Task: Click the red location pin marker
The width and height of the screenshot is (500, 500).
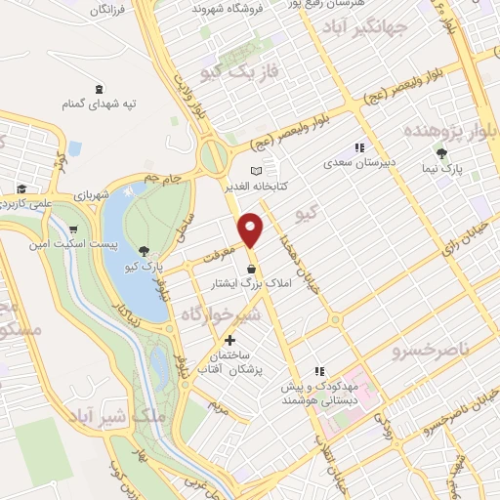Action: pos(252,230)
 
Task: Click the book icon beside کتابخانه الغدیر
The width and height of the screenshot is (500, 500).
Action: pos(257,169)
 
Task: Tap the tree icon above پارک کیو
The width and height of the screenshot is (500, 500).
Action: pos(145,252)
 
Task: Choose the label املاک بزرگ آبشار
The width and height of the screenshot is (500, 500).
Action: pos(218,284)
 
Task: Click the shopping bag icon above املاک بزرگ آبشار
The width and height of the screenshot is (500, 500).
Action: pos(252,269)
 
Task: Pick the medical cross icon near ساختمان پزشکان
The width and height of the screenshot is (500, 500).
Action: pos(229,341)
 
